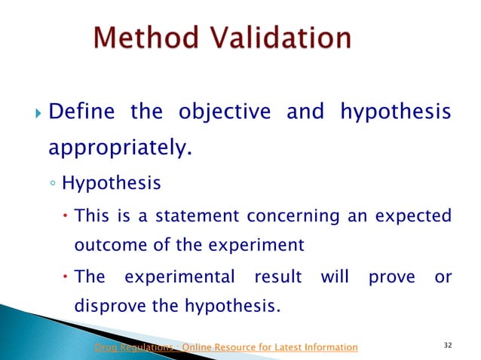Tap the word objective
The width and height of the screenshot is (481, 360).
point(224,113)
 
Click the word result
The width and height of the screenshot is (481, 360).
point(275,277)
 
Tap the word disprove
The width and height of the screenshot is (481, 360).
point(112,307)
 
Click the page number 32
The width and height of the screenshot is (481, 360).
point(447,345)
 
